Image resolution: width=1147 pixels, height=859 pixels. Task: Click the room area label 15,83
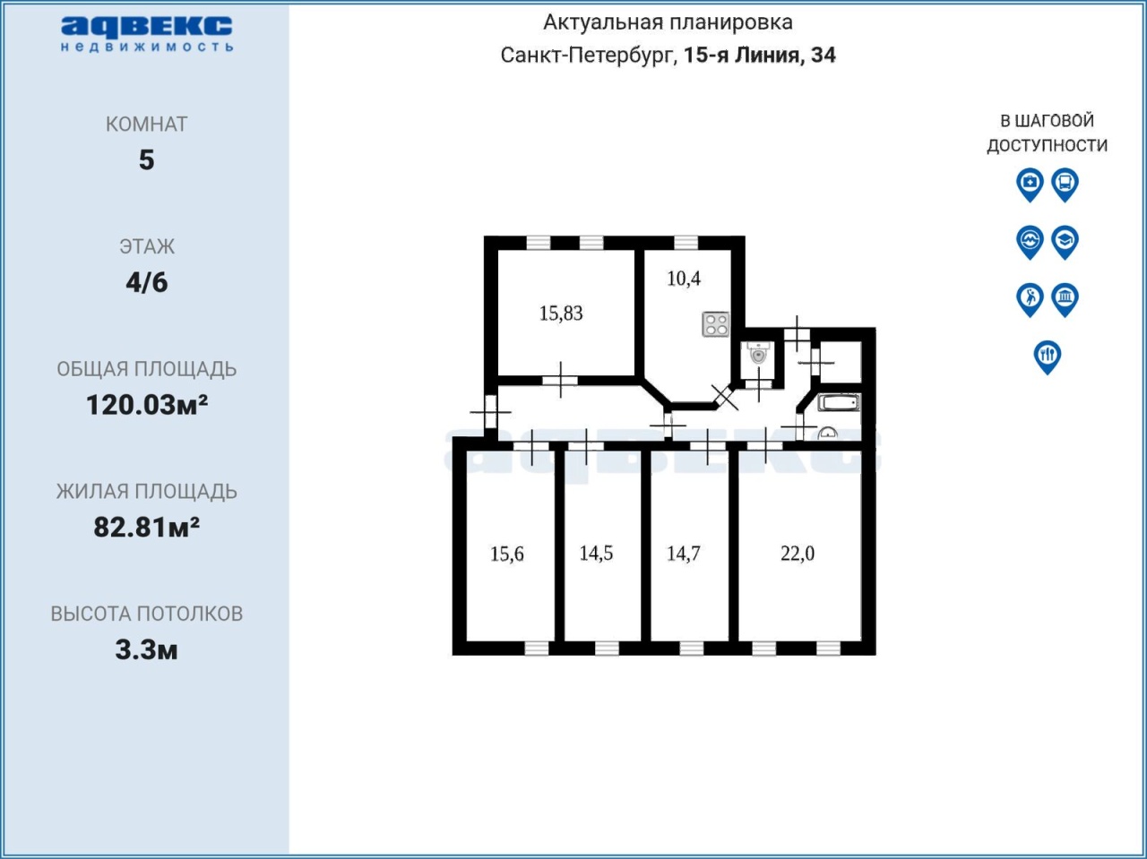pyautogui.click(x=561, y=314)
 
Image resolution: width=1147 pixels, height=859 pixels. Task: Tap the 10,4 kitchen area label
pyautogui.click(x=684, y=279)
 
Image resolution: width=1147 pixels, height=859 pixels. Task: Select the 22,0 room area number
pyautogui.click(x=798, y=554)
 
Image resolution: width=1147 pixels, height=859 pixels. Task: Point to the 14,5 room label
pyautogui.click(x=596, y=554)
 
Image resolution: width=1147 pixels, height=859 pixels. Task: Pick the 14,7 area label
pyautogui.click(x=684, y=554)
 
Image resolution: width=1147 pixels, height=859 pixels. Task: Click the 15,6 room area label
pyautogui.click(x=507, y=554)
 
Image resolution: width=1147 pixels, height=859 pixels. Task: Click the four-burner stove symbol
pyautogui.click(x=716, y=323)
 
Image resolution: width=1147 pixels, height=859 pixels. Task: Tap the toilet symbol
pyautogui.click(x=758, y=353)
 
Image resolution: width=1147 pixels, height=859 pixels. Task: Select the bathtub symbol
pyautogui.click(x=839, y=402)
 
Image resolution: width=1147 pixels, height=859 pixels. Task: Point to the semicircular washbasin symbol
pyautogui.click(x=828, y=433)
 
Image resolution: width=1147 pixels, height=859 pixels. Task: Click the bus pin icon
pyautogui.click(x=1065, y=185)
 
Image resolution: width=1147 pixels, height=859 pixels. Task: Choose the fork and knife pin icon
pyautogui.click(x=1048, y=357)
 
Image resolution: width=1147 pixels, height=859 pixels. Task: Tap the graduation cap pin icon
pyautogui.click(x=1065, y=243)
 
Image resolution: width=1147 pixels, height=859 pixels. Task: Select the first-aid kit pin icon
pyautogui.click(x=1030, y=185)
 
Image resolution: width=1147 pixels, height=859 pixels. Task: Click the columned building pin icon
pyautogui.click(x=1065, y=300)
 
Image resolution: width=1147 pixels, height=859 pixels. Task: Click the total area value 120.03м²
pyautogui.click(x=147, y=405)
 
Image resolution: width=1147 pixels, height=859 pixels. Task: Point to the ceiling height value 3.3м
pyautogui.click(x=147, y=649)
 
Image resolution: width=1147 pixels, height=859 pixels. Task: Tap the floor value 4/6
pyautogui.click(x=147, y=282)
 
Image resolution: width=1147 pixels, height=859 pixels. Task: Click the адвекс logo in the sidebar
pyautogui.click(x=147, y=34)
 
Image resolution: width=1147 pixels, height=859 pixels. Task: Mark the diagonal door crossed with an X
pyautogui.click(x=725, y=398)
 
